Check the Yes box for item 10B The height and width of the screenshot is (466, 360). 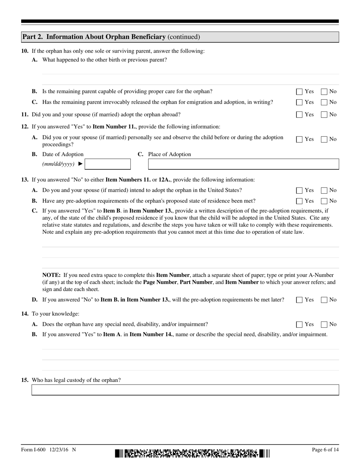pos(299,92)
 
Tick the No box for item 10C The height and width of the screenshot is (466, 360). pos(324,102)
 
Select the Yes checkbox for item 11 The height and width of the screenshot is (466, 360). pos(299,115)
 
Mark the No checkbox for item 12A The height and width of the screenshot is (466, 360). pos(324,139)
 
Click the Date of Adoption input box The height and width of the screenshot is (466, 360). pos(108,164)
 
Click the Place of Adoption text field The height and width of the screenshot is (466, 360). pos(243,164)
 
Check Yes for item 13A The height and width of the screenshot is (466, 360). pos(299,191)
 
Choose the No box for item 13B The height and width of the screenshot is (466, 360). pos(324,201)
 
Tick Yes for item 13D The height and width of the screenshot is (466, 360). pos(299,300)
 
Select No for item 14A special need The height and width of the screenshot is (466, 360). pos(324,325)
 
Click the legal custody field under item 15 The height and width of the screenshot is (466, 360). pos(185,390)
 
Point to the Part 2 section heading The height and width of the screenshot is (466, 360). pos(111,37)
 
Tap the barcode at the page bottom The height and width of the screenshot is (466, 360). pos(193,453)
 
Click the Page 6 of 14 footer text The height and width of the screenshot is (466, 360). pos(325,450)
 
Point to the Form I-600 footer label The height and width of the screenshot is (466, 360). pos(49,450)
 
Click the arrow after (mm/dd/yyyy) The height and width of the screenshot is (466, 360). pos(80,164)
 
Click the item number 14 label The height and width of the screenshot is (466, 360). pos(25,314)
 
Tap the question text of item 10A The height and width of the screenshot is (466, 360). pos(105,60)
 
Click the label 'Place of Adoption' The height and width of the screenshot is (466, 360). pos(169,154)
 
